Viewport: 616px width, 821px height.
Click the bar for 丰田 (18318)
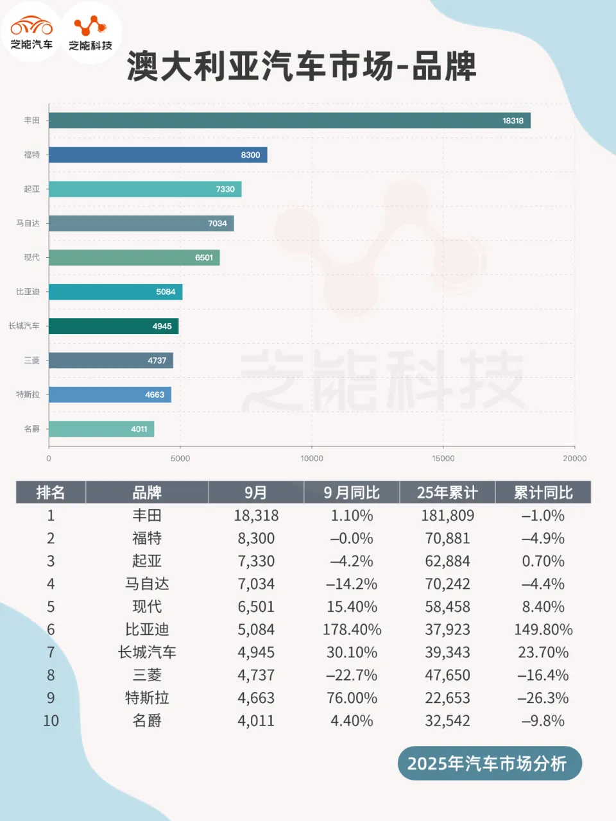pos(289,121)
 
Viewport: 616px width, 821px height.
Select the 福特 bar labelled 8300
pos(158,155)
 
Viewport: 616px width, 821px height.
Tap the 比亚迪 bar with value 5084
pos(116,292)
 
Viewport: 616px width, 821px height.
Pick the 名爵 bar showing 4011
pos(101,428)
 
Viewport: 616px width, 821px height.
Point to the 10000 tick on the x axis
pos(312,459)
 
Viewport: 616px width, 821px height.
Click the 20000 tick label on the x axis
pos(574,459)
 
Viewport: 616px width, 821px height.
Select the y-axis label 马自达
pos(28,223)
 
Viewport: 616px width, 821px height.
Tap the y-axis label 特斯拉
pos(28,394)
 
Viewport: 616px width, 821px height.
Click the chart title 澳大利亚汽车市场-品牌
pos(302,66)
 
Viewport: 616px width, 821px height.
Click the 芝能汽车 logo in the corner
pos(31,32)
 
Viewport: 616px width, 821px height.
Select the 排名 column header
pos(51,493)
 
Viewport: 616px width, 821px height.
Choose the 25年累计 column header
pos(447,493)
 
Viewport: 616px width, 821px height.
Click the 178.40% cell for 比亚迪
pos(352,630)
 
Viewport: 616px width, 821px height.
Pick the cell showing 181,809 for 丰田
pos(447,516)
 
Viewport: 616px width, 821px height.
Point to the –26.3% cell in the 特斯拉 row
pos(543,698)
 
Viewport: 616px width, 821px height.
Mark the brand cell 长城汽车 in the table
pos(147,652)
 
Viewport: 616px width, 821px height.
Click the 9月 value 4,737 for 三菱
pos(256,675)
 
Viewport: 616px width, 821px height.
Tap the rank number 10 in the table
pos(51,721)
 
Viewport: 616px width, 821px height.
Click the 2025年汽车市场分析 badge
pos(489,763)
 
